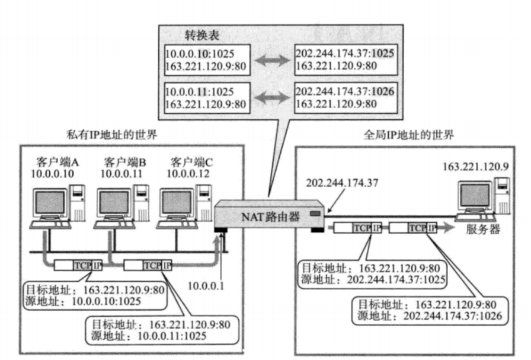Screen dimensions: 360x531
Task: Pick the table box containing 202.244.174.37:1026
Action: pyautogui.click(x=345, y=98)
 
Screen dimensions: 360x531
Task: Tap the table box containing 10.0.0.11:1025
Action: pyautogui.click(x=207, y=98)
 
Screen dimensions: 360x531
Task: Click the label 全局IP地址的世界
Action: pyautogui.click(x=408, y=135)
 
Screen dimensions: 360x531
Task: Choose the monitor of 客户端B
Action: pyautogui.click(x=114, y=203)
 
